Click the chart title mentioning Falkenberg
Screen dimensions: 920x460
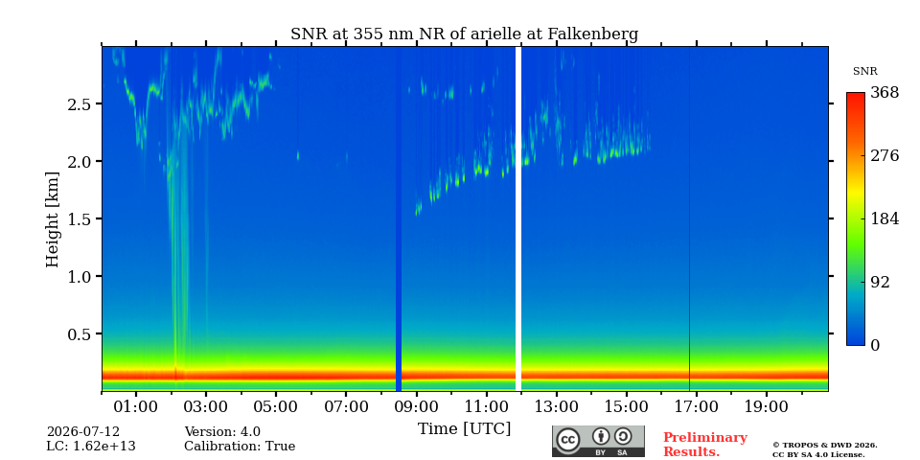464,34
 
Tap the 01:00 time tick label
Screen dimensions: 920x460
136,407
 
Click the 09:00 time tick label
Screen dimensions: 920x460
417,407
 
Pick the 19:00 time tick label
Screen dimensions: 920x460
767,407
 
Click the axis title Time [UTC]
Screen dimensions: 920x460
464,429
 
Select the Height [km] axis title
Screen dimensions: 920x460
53,219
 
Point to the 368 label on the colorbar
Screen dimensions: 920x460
884,93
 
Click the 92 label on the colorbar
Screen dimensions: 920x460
880,282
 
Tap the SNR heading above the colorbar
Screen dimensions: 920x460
864,72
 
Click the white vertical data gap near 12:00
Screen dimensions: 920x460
518,218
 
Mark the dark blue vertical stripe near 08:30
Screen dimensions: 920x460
399,218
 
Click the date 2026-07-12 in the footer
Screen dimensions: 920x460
83,432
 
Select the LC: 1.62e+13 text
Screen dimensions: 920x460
91,447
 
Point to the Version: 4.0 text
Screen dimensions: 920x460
222,432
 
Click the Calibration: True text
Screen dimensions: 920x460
240,447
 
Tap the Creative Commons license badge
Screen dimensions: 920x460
598,441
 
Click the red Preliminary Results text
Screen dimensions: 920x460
705,445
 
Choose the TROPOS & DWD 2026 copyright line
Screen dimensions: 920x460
824,446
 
